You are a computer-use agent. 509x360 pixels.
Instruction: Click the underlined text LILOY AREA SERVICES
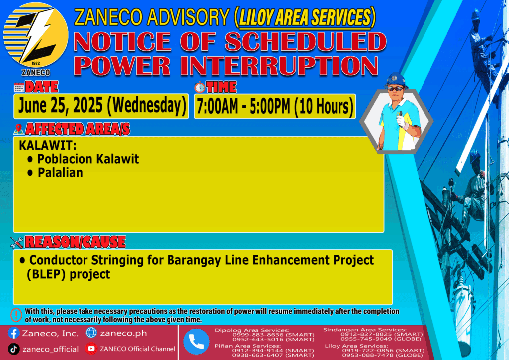pos(305,17)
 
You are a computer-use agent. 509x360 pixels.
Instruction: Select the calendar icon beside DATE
pos(19,88)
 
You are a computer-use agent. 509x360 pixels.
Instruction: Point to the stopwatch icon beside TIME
pos(200,88)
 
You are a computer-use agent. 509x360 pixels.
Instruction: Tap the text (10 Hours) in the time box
pos(324,107)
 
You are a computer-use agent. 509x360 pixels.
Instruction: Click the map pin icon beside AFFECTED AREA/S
pos(18,129)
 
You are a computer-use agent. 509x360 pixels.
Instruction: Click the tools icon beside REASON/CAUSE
pos(17,242)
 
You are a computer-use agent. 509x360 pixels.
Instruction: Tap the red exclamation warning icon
pos(16,315)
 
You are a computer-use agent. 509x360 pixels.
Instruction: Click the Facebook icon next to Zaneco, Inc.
pos(13,333)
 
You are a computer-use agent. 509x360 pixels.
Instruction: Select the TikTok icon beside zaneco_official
pos(13,349)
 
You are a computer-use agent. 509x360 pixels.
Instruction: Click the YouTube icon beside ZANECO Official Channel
pos(91,349)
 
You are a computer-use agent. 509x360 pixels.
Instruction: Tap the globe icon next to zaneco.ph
pos(91,333)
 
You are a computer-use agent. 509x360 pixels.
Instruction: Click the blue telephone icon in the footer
pos(196,342)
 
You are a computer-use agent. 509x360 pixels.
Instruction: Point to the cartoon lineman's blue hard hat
pos(395,80)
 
